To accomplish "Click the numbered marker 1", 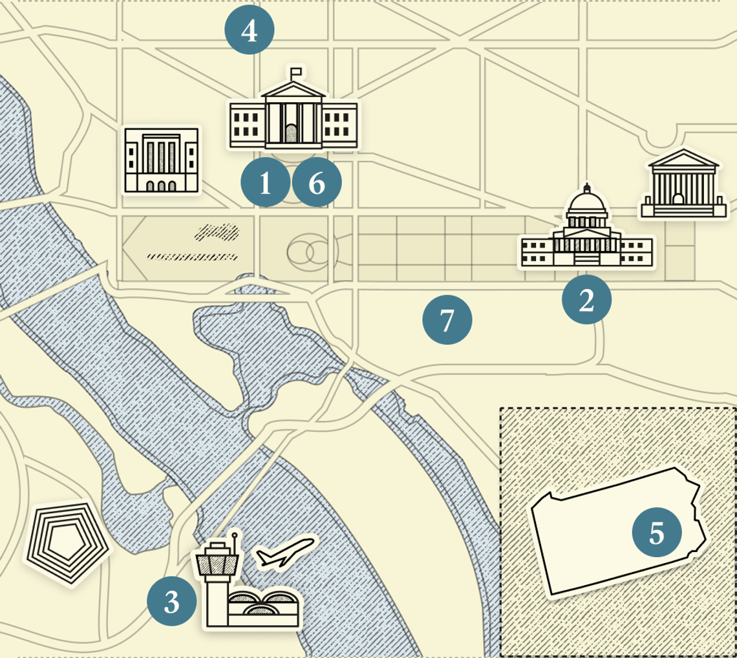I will pyautogui.click(x=265, y=184).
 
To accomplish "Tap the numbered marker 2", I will pyautogui.click(x=586, y=299).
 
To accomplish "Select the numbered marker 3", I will pyautogui.click(x=171, y=602).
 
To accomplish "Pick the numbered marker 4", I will pyautogui.click(x=250, y=30).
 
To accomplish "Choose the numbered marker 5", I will pyautogui.click(x=657, y=533).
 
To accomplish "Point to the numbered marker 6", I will pyautogui.click(x=317, y=184).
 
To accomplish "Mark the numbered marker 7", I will pyautogui.click(x=447, y=319).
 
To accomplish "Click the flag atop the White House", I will pyautogui.click(x=297, y=71).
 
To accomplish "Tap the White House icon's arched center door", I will pyautogui.click(x=292, y=133).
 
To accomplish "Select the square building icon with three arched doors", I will pyautogui.click(x=162, y=160).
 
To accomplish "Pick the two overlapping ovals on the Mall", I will pyautogui.click(x=309, y=252).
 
